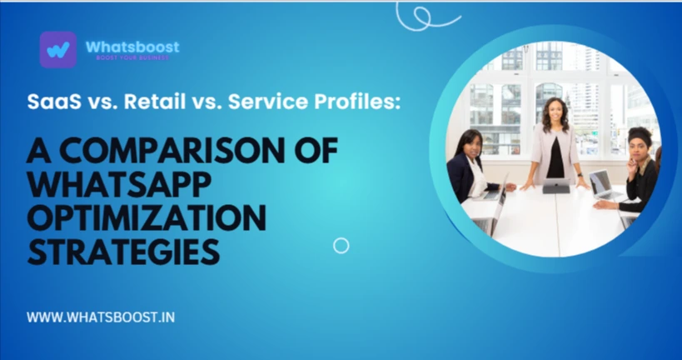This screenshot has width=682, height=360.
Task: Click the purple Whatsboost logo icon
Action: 57,49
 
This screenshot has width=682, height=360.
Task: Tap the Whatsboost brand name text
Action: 132,47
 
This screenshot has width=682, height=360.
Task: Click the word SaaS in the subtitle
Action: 49,102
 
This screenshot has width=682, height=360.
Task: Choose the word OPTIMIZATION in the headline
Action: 147,218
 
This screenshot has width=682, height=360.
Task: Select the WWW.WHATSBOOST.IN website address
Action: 101,317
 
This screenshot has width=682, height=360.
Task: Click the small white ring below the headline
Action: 341,245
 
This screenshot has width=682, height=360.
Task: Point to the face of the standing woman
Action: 555,111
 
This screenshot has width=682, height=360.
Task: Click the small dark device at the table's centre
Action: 555,187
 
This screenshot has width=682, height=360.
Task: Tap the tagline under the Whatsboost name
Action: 132,58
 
